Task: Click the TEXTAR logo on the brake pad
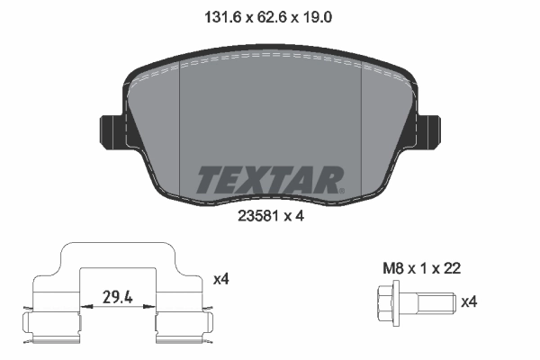(268, 180)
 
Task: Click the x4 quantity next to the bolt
(468, 302)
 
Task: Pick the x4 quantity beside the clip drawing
(220, 280)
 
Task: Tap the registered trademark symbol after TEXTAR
(341, 190)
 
